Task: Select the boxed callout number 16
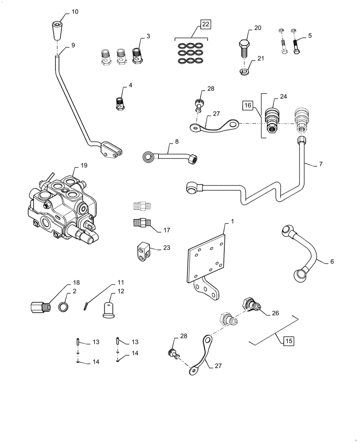pos(247,105)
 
